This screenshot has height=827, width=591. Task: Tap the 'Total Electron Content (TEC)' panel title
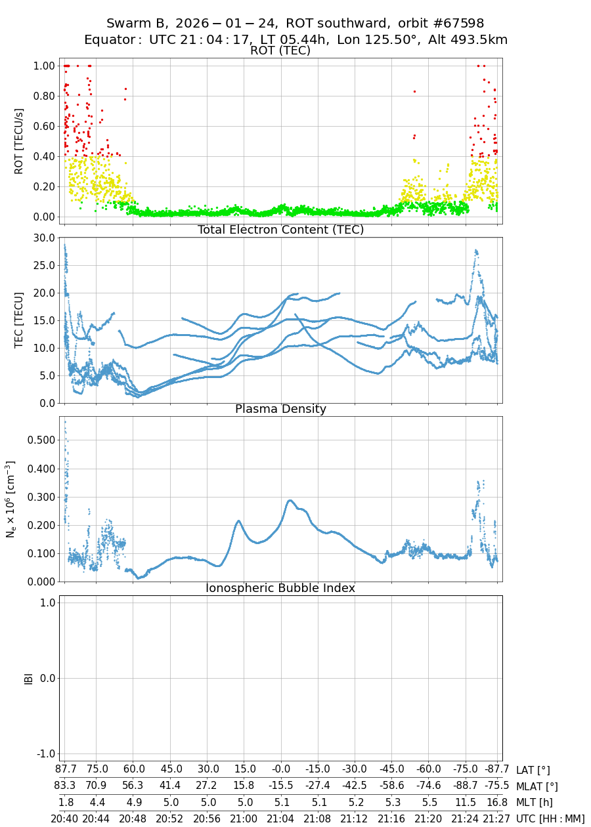pyautogui.click(x=281, y=230)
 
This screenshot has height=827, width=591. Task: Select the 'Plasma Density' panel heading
pyautogui.click(x=281, y=409)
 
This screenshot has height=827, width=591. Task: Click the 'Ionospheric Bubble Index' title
pyautogui.click(x=281, y=588)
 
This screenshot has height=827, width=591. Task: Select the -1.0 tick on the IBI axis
pyautogui.click(x=43, y=753)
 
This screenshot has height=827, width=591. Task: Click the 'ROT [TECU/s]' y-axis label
pyautogui.click(x=18, y=141)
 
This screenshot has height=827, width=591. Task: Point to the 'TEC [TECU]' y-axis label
pyautogui.click(x=18, y=320)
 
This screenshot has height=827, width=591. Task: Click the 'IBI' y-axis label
pyautogui.click(x=28, y=678)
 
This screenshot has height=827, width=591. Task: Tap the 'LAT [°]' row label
pyautogui.click(x=533, y=770)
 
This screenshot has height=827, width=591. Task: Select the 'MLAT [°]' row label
pyautogui.click(x=537, y=786)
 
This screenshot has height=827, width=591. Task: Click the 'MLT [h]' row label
pyautogui.click(x=533, y=802)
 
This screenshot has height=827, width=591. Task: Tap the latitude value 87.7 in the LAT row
pyautogui.click(x=64, y=770)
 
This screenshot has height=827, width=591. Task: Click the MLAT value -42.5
pyautogui.click(x=355, y=786)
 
